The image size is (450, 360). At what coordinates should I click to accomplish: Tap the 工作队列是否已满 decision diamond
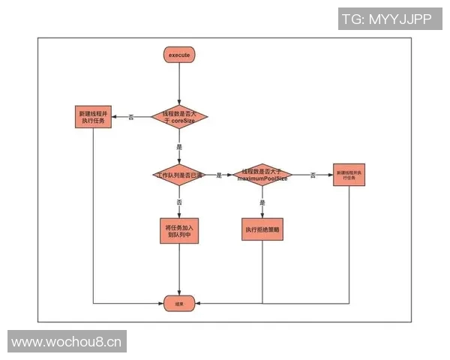coord(179,175)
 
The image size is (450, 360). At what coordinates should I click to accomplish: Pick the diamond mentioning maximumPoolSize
coord(262,175)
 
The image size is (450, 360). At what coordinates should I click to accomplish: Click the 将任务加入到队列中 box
coord(179,230)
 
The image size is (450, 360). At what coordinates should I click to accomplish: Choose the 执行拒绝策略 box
coord(262,229)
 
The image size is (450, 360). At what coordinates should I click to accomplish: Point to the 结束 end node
coord(179,303)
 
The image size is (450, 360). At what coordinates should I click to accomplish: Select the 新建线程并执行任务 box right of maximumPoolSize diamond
coord(349,176)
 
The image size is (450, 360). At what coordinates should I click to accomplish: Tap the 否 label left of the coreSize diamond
coord(132,117)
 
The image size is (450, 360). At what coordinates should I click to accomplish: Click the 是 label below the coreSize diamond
coord(179,147)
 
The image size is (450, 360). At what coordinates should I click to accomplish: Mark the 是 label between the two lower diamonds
coord(219,175)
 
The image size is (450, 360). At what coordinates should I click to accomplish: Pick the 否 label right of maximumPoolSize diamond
coord(313,175)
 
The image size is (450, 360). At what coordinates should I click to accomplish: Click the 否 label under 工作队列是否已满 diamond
coord(179,202)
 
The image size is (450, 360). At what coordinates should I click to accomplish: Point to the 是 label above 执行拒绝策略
coord(262,202)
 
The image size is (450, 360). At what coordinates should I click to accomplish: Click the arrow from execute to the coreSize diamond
coord(179,82)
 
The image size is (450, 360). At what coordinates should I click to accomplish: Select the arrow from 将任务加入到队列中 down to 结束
coord(179,270)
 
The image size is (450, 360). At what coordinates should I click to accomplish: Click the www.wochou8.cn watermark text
coord(67,343)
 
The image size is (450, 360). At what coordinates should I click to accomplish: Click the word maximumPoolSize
coord(262,180)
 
